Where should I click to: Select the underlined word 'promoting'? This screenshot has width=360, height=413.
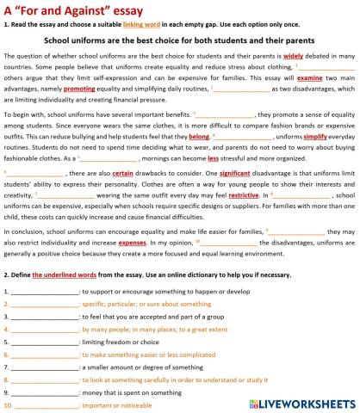coord(78,88)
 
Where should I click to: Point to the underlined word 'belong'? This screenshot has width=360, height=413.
coord(198,136)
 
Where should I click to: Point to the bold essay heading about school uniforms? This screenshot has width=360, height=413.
coord(180,39)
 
